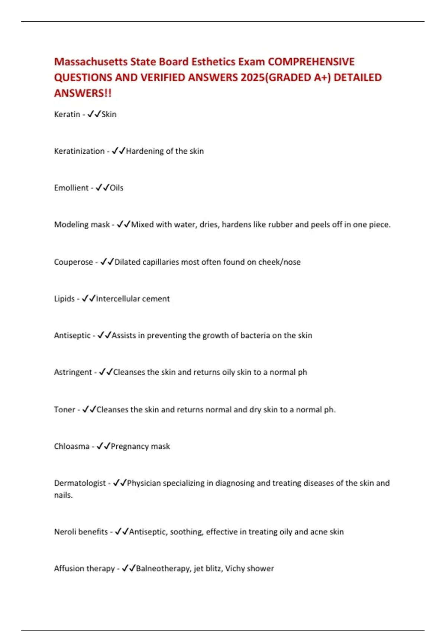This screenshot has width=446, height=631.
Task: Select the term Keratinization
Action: (x=79, y=151)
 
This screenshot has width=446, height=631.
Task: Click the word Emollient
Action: (x=71, y=188)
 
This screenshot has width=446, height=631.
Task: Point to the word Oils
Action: (x=116, y=188)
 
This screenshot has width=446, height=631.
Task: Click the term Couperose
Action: (x=73, y=262)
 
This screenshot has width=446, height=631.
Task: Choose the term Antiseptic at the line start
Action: (x=72, y=336)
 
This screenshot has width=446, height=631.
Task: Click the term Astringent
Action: (x=73, y=372)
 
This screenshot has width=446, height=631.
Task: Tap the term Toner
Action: (x=64, y=410)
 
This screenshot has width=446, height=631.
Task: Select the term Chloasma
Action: (x=72, y=447)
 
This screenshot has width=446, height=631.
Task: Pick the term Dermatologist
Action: (x=80, y=483)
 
